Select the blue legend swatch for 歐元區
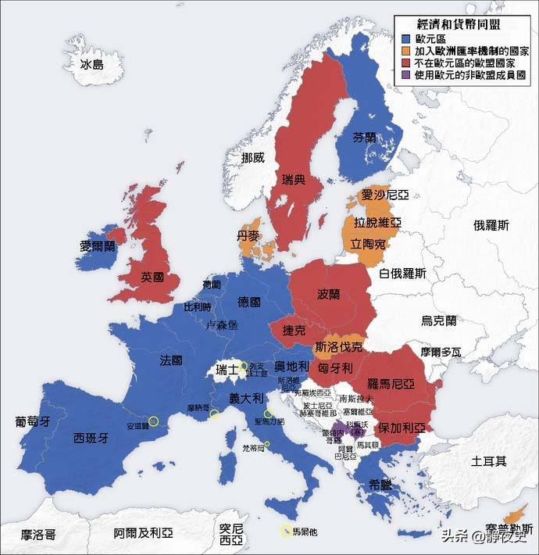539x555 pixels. [x=405, y=38]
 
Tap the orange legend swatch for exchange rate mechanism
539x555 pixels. [x=405, y=51]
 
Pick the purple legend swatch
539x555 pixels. [x=405, y=77]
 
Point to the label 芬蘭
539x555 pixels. [x=364, y=136]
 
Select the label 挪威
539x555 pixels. [x=253, y=157]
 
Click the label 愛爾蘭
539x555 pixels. [x=98, y=245]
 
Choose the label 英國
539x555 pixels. [x=152, y=277]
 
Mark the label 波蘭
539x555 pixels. [x=329, y=295]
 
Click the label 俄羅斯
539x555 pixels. [x=491, y=225]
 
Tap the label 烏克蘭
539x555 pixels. [x=438, y=320]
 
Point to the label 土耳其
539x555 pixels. [x=488, y=461]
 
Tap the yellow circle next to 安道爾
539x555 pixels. [x=153, y=421]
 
